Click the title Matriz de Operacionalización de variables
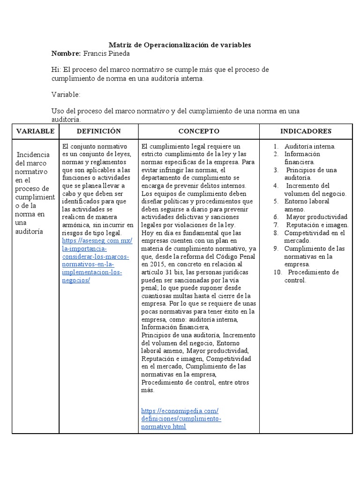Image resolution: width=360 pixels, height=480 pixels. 180,45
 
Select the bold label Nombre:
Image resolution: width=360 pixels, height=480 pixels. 66,53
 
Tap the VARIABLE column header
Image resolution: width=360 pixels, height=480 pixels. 35,131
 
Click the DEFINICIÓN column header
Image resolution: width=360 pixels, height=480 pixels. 98,131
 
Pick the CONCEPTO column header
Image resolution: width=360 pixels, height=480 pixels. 199,131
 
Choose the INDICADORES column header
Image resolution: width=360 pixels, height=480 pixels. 306,131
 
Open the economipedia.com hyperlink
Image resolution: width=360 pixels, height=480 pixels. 180,411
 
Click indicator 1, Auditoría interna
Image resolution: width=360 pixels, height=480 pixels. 309,146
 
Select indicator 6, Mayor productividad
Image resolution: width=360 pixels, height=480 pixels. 316,217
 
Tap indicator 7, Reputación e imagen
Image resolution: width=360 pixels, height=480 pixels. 317,225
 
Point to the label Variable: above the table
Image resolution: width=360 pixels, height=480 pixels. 66,95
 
